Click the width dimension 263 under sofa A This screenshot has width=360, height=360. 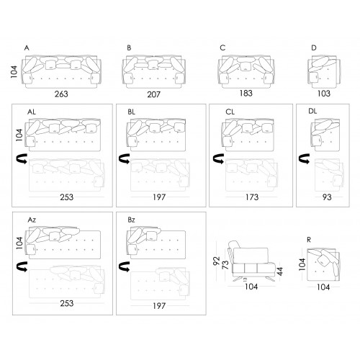point(61,94)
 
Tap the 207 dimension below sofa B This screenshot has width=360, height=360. point(153,94)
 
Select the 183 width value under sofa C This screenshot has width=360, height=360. point(246,93)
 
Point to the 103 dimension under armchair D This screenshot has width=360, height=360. point(324,94)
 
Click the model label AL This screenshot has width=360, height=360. point(32,112)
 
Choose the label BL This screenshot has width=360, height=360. point(131,112)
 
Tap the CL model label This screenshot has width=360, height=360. point(230,112)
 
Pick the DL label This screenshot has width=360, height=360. point(312,111)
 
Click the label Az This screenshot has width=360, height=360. point(32,220)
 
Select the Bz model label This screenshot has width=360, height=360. point(131,220)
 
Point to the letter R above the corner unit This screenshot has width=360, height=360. point(309,240)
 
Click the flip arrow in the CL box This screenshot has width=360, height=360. point(218,158)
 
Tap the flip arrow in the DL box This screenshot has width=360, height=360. point(304,158)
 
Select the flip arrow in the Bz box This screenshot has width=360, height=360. point(124,266)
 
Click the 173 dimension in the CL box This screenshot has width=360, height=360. point(252,197)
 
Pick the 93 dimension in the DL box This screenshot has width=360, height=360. point(327,197)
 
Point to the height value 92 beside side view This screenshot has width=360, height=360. point(217,261)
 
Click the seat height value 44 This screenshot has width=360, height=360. point(280,271)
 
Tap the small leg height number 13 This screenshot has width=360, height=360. point(245,279)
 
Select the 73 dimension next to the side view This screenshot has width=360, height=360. point(225,265)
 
